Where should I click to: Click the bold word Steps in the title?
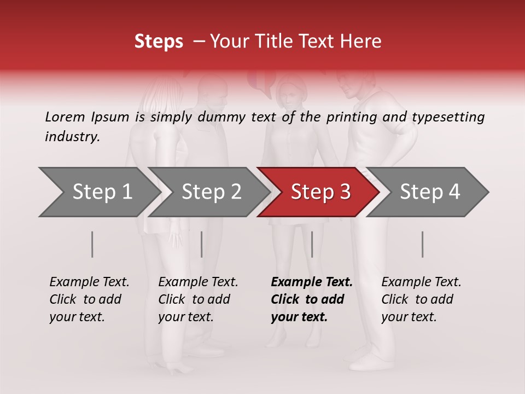(x=159, y=42)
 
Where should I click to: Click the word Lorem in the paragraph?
(x=65, y=117)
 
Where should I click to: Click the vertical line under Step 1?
(x=92, y=244)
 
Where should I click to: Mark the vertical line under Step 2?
(x=202, y=244)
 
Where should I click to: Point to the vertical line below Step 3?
(x=312, y=244)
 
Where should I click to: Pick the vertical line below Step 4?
(x=422, y=244)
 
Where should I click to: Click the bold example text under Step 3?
(x=311, y=299)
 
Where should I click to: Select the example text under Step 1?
(x=89, y=299)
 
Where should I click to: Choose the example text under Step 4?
(x=421, y=299)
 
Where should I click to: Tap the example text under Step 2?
(x=197, y=299)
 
